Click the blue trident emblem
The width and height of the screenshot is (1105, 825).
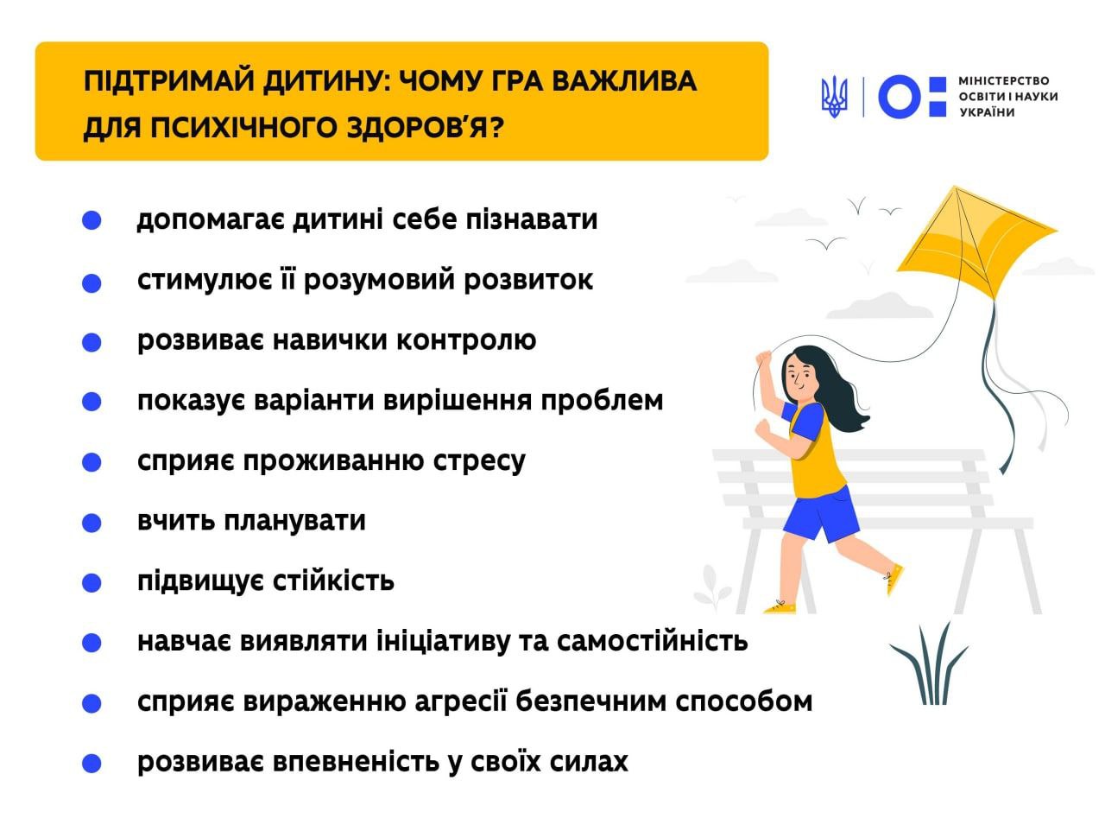coord(834,97)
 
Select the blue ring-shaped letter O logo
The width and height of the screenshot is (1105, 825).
coord(899,96)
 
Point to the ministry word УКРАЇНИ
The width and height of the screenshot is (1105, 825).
coord(987,112)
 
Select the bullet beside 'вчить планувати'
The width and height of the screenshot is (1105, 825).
coord(92,523)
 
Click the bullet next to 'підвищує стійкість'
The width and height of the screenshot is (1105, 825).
coord(92,583)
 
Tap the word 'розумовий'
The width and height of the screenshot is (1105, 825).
coord(380,281)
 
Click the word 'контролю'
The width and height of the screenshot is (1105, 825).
coord(466,341)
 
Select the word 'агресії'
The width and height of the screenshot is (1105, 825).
coord(461,703)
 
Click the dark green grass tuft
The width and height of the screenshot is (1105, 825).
coord(929,665)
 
